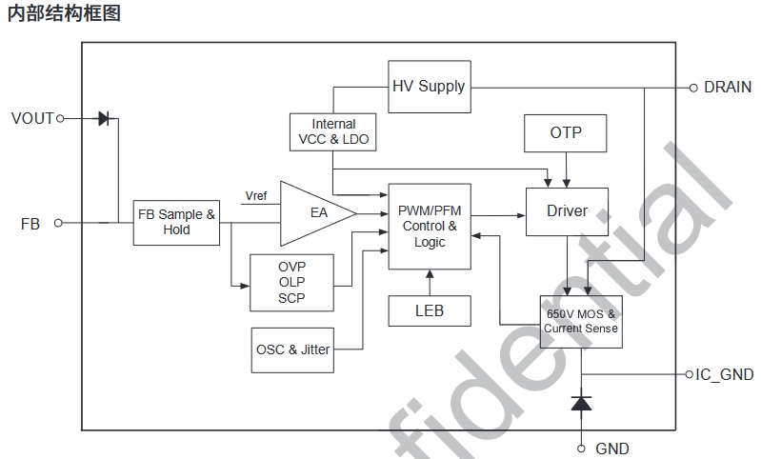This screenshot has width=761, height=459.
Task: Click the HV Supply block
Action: [430, 87]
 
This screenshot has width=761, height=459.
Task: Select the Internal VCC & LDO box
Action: [333, 131]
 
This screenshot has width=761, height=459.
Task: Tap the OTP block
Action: [566, 132]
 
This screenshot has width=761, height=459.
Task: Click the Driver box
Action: [567, 210]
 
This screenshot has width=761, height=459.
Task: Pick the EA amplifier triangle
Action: [313, 213]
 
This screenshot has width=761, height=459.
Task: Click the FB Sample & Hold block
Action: [176, 222]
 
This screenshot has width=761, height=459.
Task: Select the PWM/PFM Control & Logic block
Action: [430, 227]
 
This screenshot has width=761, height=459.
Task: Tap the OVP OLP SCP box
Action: [291, 282]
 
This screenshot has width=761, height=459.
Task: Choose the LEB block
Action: [429, 310]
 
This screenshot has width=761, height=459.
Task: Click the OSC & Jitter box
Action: [292, 349]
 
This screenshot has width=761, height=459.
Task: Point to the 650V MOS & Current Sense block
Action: [580, 321]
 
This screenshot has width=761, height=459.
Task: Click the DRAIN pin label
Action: [727, 87]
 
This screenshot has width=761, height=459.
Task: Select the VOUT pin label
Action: [32, 119]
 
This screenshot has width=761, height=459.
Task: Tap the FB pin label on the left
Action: [30, 223]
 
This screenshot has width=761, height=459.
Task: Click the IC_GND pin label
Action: [724, 374]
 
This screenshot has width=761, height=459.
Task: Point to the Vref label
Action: [256, 196]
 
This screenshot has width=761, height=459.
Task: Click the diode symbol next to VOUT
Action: [104, 119]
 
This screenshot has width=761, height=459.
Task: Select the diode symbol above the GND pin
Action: [580, 403]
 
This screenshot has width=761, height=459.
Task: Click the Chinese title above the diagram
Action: [64, 14]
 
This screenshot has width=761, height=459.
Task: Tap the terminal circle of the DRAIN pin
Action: [693, 88]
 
